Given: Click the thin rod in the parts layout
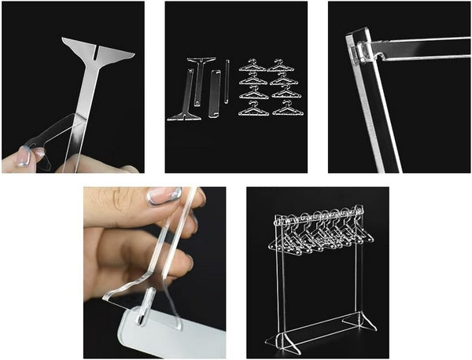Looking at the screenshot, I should coord(227,82).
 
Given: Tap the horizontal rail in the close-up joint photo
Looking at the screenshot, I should coord(425,48).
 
